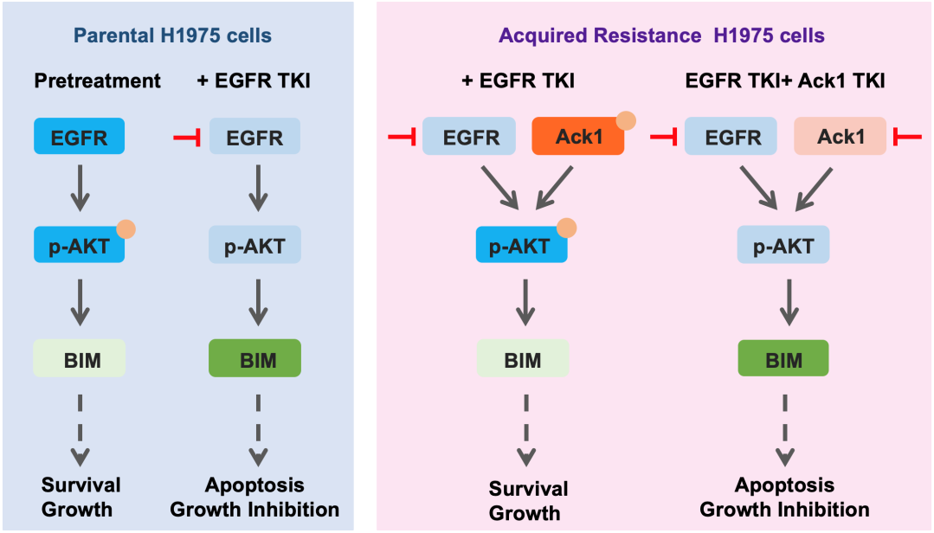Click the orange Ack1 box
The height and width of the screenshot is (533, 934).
pos(577,137)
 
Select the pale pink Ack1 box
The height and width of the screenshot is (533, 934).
pos(840,137)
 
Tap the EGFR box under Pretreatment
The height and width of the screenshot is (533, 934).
pos(80,137)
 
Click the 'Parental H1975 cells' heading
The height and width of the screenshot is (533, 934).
pos(172,36)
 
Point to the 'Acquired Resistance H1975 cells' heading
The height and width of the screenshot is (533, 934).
pos(661,36)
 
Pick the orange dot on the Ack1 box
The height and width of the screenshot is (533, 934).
pos(625,119)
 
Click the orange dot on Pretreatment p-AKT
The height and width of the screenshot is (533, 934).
pos(126,229)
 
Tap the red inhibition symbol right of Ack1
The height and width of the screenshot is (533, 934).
pos(907,137)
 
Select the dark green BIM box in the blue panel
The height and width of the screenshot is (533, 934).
pos(255,358)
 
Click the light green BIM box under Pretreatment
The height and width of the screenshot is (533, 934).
pos(80,358)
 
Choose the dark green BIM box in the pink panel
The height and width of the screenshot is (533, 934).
pos(783,358)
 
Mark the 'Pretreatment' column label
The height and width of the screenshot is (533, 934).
pos(98,81)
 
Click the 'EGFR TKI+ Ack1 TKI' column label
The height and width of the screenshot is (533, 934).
pos(785,81)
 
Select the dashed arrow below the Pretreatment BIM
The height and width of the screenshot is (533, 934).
pos(80,427)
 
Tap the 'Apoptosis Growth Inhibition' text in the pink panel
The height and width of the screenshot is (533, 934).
pos(784,497)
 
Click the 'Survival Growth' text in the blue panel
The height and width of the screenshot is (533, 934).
pos(80,497)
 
